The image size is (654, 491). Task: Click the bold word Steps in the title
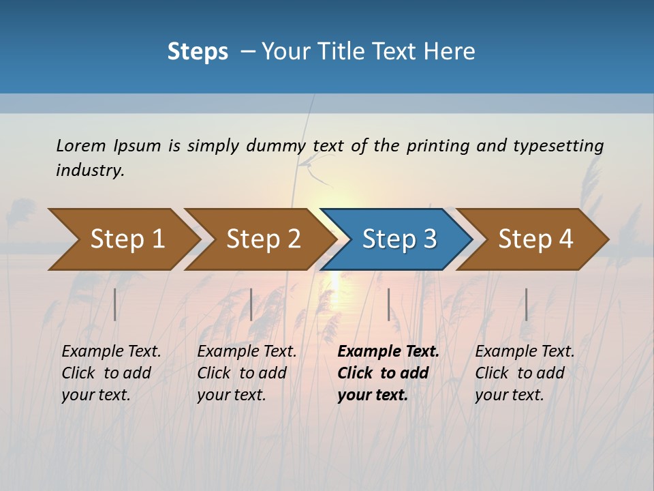[x=198, y=52]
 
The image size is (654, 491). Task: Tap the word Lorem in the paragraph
[x=81, y=145]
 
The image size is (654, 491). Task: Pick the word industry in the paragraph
[x=90, y=170]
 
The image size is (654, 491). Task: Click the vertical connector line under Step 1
[x=115, y=304]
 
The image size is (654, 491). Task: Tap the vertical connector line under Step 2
[x=251, y=304]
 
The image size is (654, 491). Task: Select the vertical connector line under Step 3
[x=389, y=304]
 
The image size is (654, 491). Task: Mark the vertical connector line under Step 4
[x=526, y=304]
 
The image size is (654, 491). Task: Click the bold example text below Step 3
[x=388, y=373]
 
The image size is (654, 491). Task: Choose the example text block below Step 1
[x=110, y=373]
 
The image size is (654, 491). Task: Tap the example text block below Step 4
[x=524, y=373]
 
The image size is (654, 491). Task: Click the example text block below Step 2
[x=246, y=373]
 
